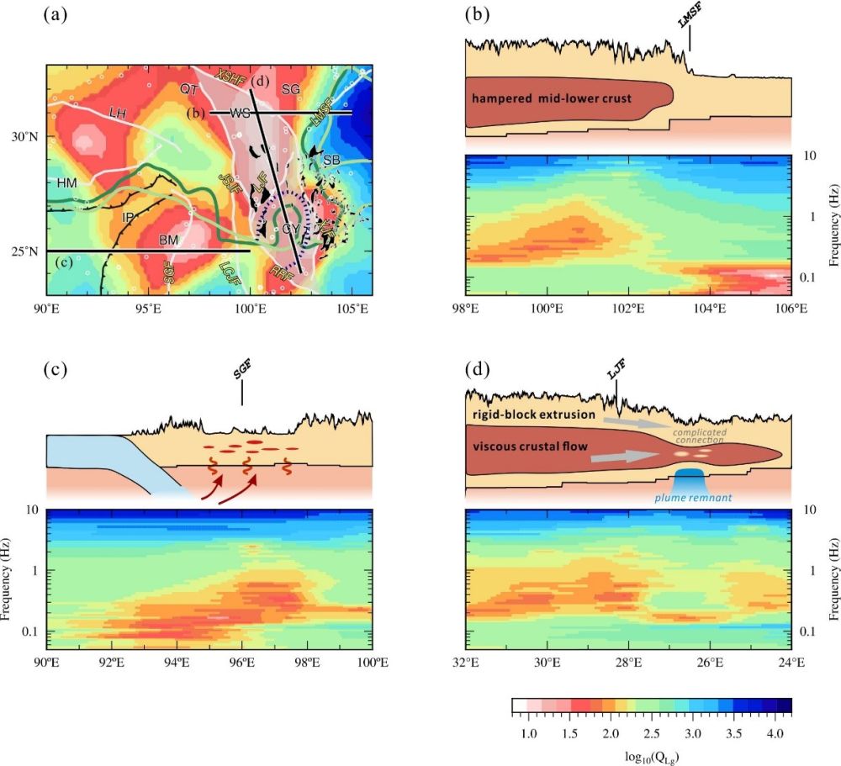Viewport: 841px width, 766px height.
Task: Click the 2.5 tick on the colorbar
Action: [x=651, y=734]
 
